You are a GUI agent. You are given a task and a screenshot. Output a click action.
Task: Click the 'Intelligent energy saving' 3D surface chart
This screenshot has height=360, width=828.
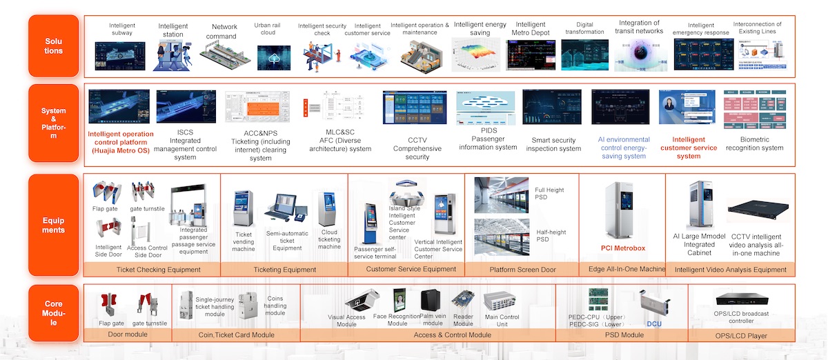[x=475, y=54]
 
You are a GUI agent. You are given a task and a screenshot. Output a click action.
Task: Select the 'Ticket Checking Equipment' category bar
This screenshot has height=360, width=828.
[x=159, y=270]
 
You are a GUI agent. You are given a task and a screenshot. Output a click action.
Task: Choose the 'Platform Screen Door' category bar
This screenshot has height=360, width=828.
[x=522, y=270]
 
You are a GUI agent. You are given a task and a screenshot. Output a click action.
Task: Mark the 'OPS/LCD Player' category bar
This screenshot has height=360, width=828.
[x=741, y=335]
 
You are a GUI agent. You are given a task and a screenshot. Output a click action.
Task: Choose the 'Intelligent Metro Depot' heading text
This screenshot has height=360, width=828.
[x=531, y=28]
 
